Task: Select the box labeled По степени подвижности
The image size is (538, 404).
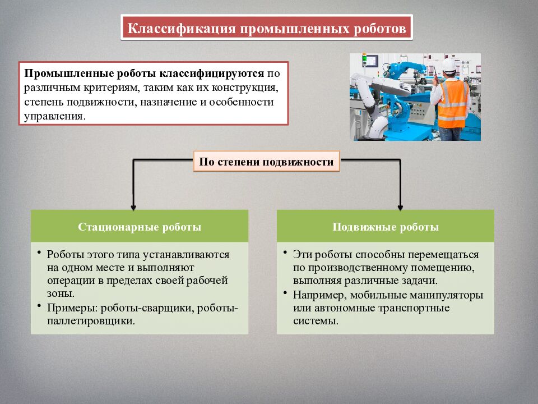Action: click(267, 162)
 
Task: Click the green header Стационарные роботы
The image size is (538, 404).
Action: click(140, 227)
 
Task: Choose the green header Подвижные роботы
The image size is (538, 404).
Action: click(386, 227)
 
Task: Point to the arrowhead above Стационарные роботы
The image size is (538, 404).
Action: click(133, 206)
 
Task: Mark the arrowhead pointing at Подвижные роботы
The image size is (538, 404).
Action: click(400, 206)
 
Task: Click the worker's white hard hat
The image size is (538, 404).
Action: click(448, 65)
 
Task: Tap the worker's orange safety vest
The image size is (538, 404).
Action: click(452, 104)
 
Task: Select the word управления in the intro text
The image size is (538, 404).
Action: click(54, 116)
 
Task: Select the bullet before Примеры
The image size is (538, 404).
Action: click(40, 306)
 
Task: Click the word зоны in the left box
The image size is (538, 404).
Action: click(59, 293)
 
